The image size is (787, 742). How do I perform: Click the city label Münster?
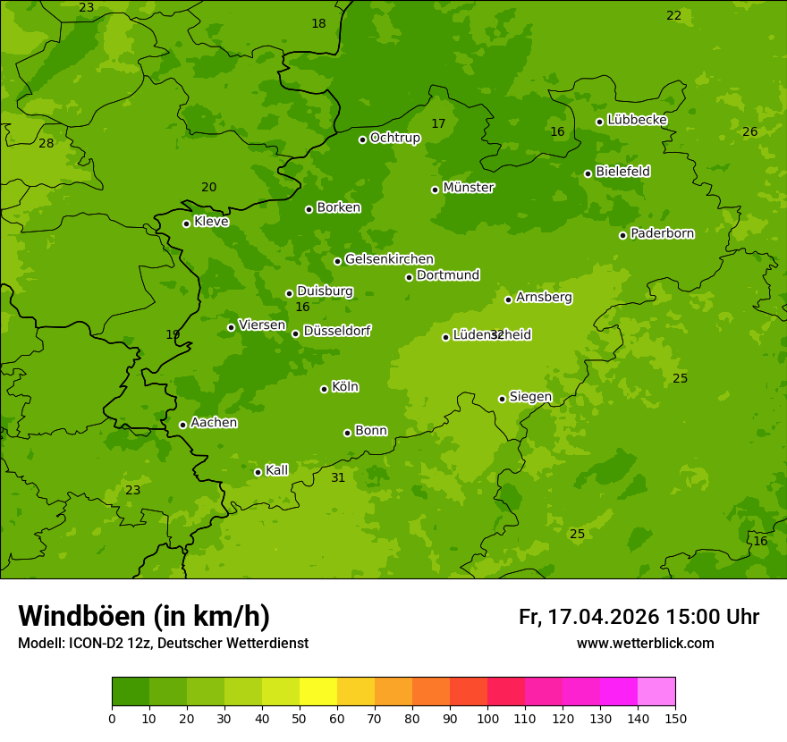[x=468, y=188]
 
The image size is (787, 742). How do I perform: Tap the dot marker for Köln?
[x=324, y=389]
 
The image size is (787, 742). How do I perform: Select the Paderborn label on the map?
[x=662, y=233]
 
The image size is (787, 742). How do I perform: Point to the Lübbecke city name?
[x=637, y=120]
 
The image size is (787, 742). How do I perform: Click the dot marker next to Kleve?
[x=186, y=223]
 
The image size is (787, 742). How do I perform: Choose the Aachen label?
[x=214, y=423]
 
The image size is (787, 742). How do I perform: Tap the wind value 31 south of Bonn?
[x=338, y=478]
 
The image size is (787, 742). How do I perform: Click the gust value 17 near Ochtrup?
[x=438, y=124]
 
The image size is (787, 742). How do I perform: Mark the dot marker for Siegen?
[x=502, y=399]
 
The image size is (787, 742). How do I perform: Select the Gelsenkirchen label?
[x=389, y=259]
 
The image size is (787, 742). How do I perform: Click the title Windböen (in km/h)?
[x=144, y=616]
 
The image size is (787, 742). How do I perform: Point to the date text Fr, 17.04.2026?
[x=588, y=617]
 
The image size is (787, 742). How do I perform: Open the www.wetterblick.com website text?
[x=645, y=644]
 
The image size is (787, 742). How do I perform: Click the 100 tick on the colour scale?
[x=487, y=718]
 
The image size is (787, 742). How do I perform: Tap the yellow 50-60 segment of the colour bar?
[x=318, y=692]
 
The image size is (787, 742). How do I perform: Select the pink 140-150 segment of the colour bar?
[x=656, y=692]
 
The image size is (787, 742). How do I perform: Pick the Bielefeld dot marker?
[x=588, y=173]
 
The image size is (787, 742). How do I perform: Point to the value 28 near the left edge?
[x=46, y=144]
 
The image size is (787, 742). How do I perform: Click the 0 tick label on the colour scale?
[x=112, y=718]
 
